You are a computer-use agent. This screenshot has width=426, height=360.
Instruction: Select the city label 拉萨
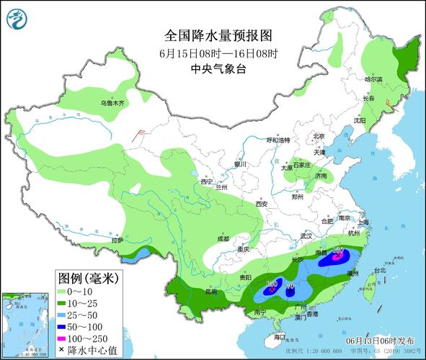pyautogui.click(x=115, y=240)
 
